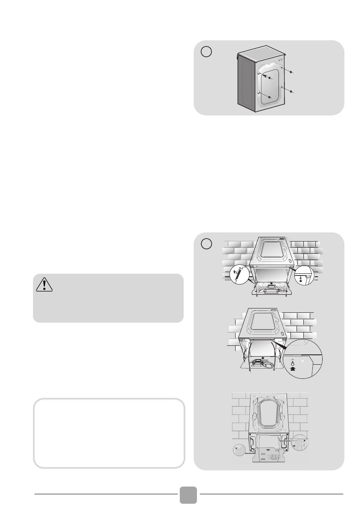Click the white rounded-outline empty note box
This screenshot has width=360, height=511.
tap(109, 433)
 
